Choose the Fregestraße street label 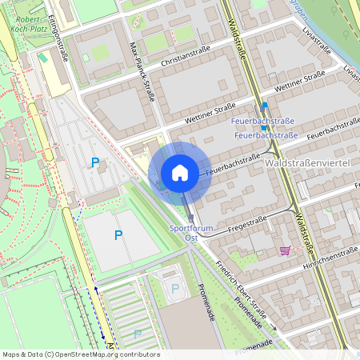point(248,218)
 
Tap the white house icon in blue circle point(180,173)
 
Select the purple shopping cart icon point(285,250)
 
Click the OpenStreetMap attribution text point(80,354)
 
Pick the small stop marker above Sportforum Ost point(190,217)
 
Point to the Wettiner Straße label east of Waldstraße point(299,83)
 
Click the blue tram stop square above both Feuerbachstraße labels point(265,106)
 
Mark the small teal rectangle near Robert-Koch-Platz point(42,58)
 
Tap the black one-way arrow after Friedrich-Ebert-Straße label point(272,326)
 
